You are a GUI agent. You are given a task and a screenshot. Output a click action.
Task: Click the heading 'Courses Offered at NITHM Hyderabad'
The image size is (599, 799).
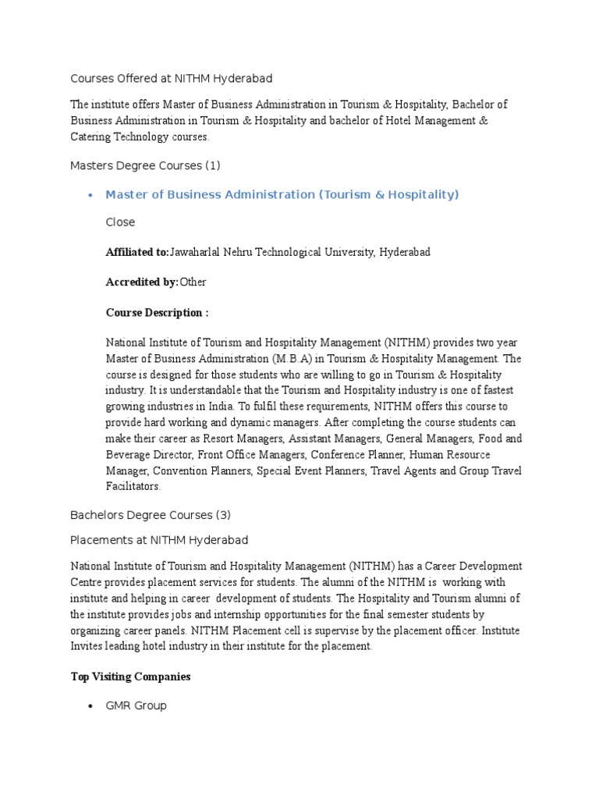(x=172, y=79)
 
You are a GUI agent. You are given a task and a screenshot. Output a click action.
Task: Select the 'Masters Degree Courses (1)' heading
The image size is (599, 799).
(x=146, y=165)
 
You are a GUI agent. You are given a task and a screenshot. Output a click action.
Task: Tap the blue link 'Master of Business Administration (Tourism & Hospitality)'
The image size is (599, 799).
(x=282, y=195)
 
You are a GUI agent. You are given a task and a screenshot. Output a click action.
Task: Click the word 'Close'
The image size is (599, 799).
(x=120, y=222)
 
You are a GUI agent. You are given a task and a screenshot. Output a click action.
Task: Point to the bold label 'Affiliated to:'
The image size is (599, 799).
(x=137, y=253)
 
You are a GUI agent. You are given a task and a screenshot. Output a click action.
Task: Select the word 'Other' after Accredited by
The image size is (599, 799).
(x=193, y=282)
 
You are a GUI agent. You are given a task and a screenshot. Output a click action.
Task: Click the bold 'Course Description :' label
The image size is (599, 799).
(x=157, y=313)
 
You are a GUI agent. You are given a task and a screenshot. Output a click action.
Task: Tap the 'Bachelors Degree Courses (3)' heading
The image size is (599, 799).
(x=151, y=516)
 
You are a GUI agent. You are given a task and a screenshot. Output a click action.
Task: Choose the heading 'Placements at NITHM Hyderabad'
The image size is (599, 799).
(x=160, y=540)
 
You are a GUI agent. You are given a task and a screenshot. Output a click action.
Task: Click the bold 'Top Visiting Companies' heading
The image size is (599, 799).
(x=130, y=677)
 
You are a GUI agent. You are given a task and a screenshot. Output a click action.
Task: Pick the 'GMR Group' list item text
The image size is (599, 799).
(x=136, y=706)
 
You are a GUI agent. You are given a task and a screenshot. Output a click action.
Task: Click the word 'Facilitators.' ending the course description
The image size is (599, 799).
(x=133, y=486)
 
